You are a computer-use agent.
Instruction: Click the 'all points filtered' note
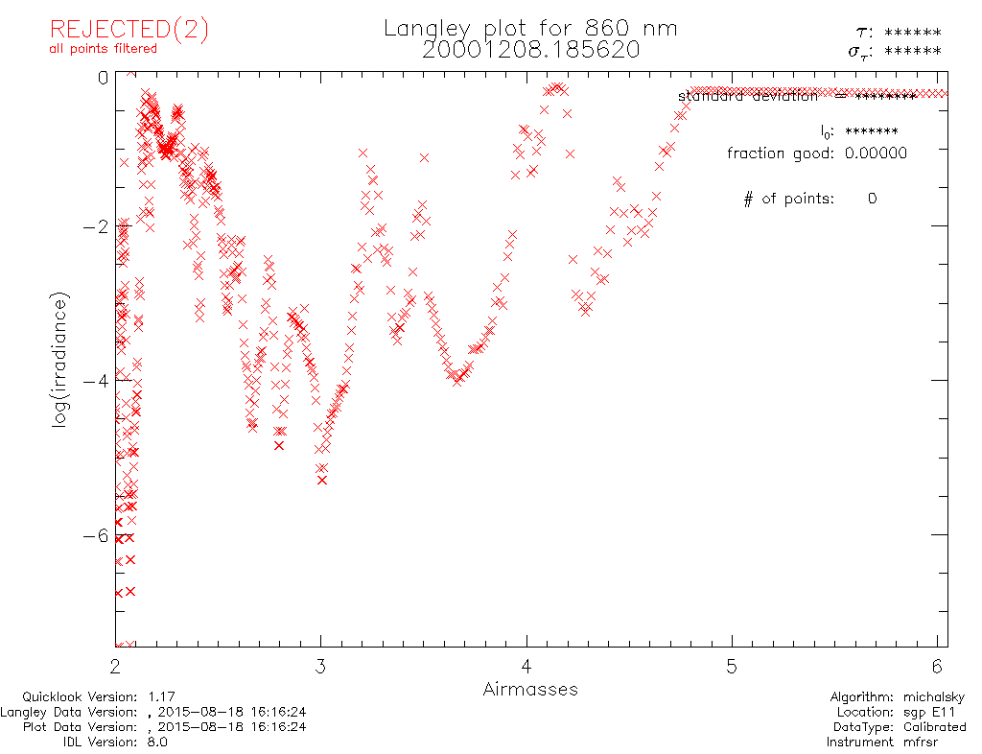tap(104, 49)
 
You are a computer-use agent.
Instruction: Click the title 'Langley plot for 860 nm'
tap(530, 29)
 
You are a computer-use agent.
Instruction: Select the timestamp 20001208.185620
tap(530, 50)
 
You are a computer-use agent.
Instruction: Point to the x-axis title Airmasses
tap(530, 690)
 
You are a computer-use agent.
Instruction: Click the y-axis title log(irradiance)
tap(59, 362)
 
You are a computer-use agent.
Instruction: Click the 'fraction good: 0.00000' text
tap(816, 153)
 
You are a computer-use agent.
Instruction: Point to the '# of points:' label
tap(788, 199)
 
